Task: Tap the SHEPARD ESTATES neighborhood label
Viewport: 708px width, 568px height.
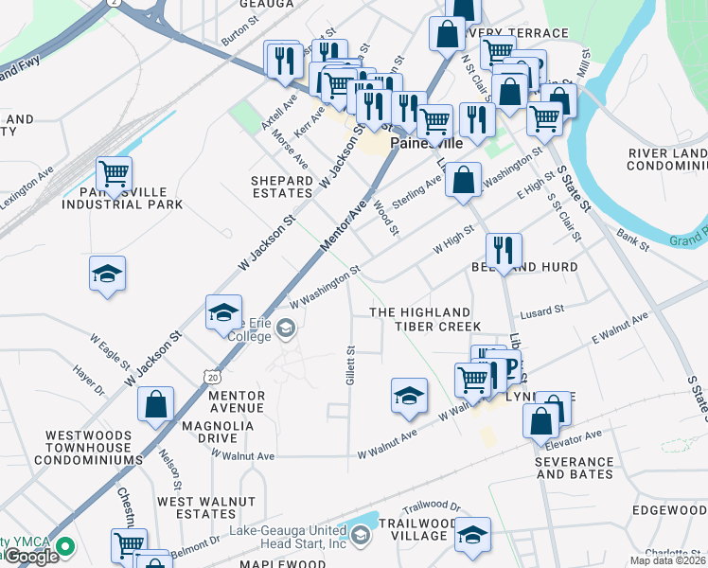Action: coord(281,187)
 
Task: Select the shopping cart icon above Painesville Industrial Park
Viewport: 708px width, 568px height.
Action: coord(114,174)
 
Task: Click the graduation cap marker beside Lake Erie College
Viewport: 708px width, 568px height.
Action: coord(223,312)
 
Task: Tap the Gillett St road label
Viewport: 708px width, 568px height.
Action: coord(349,363)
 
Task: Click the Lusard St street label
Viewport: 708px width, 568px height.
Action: coord(542,310)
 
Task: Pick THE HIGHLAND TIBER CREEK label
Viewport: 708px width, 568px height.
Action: coord(419,319)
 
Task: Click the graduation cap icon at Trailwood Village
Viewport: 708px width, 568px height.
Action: coord(472,535)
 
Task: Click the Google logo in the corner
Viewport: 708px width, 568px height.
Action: coord(30,557)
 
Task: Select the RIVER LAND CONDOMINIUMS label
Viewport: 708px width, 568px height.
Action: coord(667,159)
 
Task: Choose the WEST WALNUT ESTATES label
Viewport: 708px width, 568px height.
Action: coord(205,507)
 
